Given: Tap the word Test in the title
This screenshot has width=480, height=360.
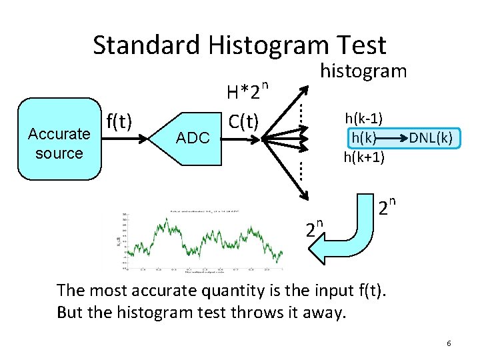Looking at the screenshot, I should [361, 45].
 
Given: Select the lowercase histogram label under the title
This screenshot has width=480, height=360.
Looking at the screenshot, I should [363, 70].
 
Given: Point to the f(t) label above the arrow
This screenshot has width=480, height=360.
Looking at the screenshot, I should [119, 121].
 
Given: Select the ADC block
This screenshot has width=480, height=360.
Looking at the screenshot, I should [192, 139].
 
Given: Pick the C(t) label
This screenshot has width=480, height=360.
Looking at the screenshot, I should [243, 122].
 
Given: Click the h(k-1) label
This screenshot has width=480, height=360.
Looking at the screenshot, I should [363, 119].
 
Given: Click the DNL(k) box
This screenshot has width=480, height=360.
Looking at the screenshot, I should [430, 138].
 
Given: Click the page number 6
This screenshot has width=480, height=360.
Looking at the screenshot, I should [449, 343].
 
